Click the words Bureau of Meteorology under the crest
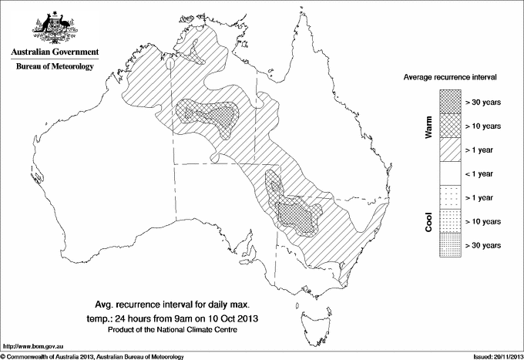54,66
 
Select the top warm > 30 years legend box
449,100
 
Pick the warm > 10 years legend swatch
449,125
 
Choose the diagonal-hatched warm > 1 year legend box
449,149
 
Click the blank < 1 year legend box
449,173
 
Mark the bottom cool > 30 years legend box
449,244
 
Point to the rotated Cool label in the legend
429,221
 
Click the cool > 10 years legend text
485,221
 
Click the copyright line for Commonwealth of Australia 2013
92,356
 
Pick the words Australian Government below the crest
54,52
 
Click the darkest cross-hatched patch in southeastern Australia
297,217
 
